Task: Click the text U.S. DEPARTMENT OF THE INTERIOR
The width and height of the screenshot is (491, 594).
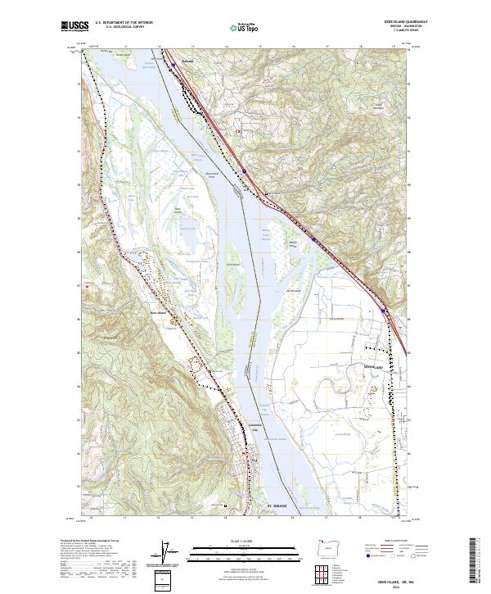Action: click(124, 23)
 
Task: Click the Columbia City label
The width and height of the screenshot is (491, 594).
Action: click(255, 426)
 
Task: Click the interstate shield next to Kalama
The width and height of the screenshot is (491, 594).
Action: click(173, 61)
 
